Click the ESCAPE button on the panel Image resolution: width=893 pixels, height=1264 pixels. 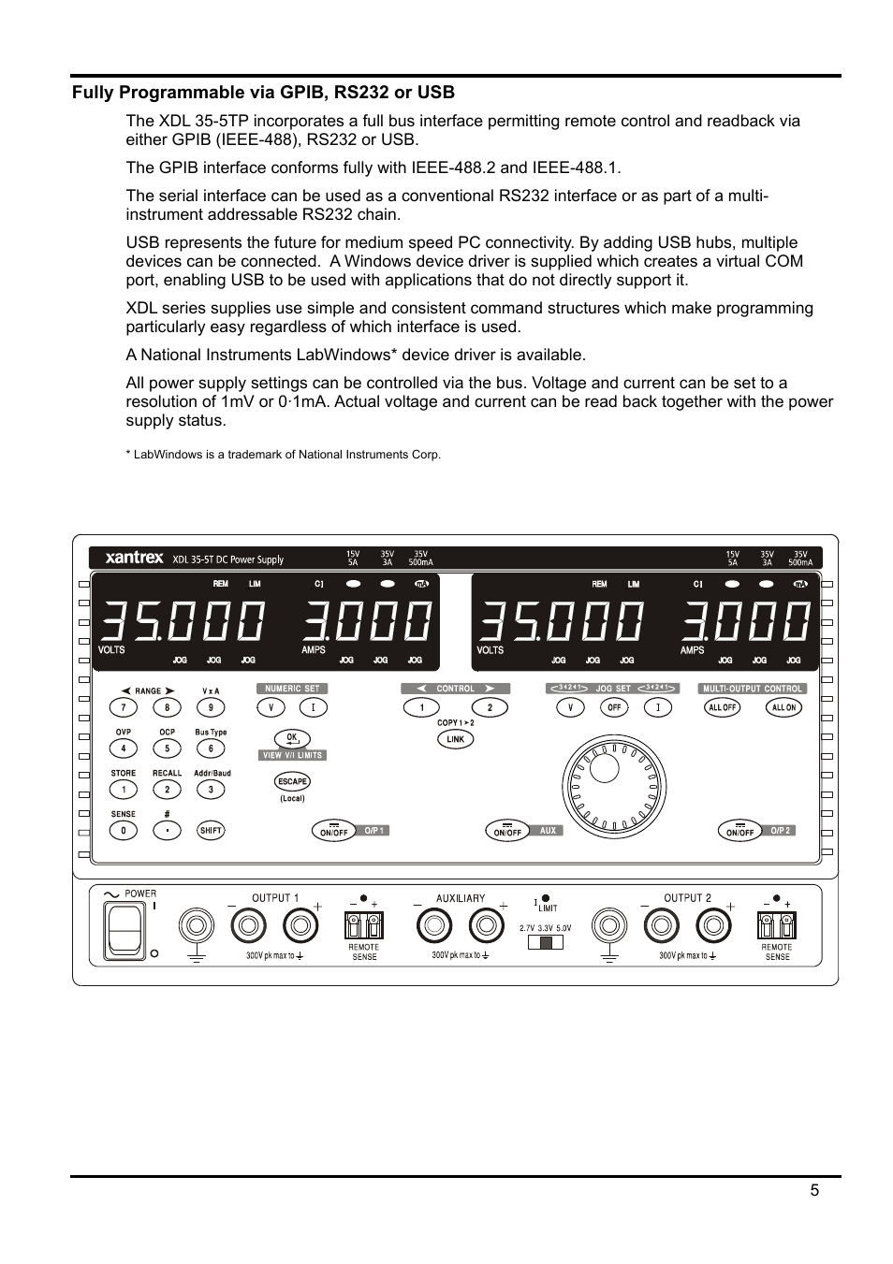point(292,781)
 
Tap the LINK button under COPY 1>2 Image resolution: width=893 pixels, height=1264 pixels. point(456,739)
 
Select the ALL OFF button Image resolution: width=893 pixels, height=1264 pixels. point(722,707)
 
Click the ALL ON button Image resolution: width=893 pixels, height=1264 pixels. point(783,707)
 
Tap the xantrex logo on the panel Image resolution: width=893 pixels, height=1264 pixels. point(135,559)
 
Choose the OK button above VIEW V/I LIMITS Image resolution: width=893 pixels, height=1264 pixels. point(291,739)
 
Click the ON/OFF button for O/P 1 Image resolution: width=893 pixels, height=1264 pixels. point(334,831)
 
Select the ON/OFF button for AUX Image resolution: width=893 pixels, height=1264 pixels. point(507,831)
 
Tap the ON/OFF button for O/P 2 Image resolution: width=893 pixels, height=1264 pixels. point(739,831)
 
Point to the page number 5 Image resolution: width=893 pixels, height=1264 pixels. point(814,1190)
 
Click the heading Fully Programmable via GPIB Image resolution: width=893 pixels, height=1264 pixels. point(263,92)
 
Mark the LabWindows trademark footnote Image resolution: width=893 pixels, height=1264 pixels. point(283,455)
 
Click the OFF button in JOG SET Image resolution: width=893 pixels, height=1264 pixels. point(614,707)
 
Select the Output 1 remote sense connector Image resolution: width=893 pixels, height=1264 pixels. point(364,926)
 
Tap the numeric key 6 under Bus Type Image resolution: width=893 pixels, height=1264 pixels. point(211,748)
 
